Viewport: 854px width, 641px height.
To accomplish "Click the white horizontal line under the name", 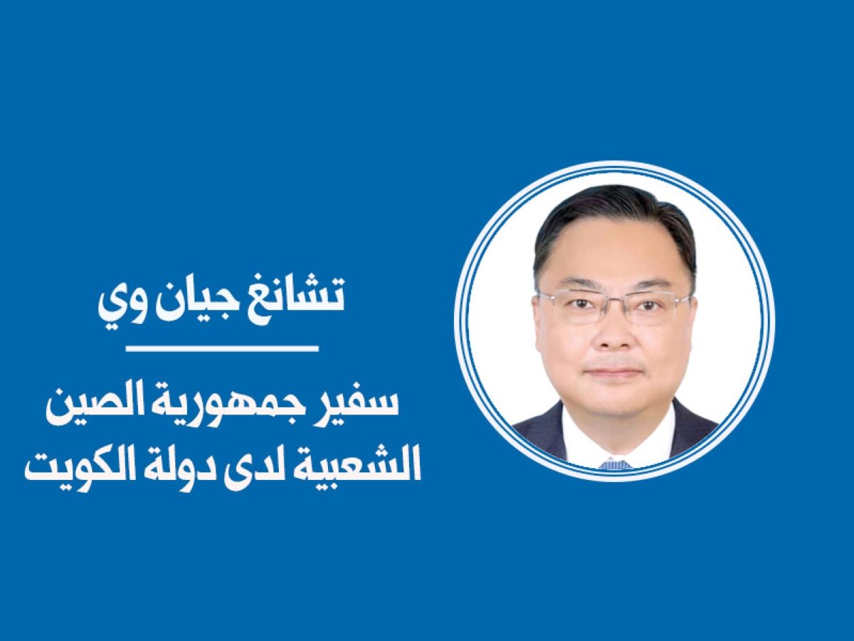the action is tap(223, 349).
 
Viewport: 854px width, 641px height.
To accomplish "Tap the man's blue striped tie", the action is tap(616, 465).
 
